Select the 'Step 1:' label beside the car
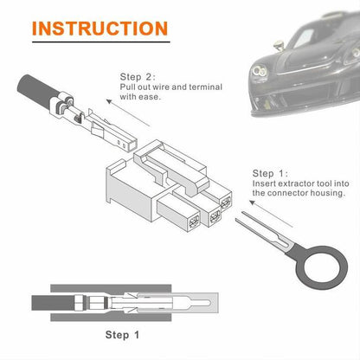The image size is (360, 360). coord(272,173)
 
